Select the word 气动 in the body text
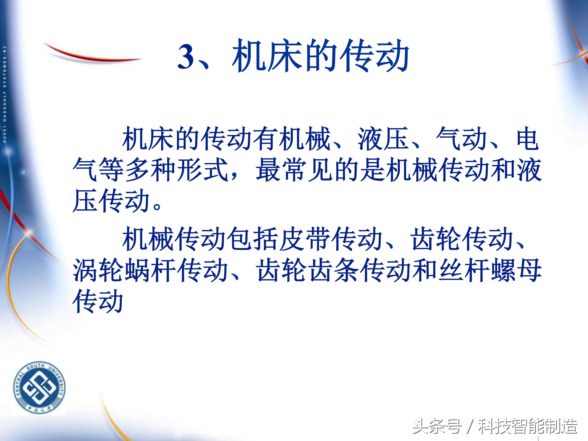(x=461, y=139)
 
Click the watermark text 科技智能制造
(x=528, y=426)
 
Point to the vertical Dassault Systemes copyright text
(x=5, y=94)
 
